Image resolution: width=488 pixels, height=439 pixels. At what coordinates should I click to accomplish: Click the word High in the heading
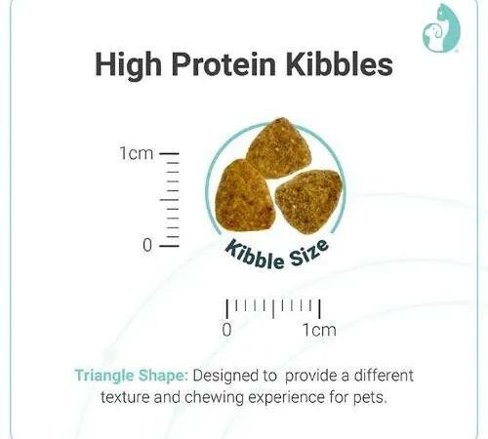point(128,64)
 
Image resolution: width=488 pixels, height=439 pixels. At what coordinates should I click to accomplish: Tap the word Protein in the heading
point(224,63)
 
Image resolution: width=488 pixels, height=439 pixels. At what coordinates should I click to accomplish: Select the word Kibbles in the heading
point(340,63)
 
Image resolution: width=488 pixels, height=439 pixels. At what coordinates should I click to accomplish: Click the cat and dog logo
point(441,28)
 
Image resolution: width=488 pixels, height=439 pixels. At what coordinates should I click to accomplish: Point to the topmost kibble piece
point(278,148)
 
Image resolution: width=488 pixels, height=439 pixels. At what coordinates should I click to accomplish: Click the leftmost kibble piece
point(244,196)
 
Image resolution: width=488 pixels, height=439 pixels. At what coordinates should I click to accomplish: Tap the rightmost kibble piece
point(309,202)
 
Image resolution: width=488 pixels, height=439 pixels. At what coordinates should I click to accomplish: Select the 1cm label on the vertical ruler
point(136,153)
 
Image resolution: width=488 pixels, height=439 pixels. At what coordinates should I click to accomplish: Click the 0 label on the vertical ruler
point(147,245)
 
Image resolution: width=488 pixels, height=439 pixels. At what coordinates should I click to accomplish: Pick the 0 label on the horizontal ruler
point(227,330)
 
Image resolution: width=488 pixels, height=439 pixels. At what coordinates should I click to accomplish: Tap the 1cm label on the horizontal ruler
point(319,330)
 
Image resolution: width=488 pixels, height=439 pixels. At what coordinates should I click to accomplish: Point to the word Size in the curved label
point(308,254)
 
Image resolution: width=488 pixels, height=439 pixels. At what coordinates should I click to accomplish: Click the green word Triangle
point(104,377)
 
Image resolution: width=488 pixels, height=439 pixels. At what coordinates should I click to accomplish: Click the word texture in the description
point(125,398)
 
